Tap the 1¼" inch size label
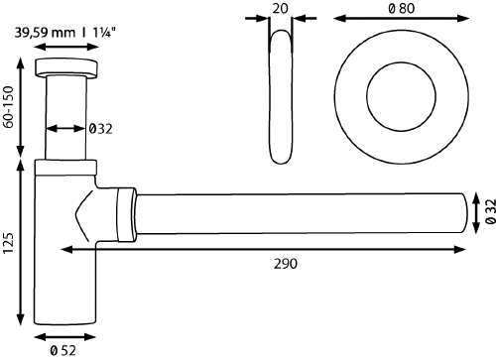click(x=99, y=32)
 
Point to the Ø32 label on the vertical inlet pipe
click(x=101, y=128)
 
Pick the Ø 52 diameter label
click(x=65, y=348)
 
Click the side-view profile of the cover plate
click(x=280, y=96)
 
